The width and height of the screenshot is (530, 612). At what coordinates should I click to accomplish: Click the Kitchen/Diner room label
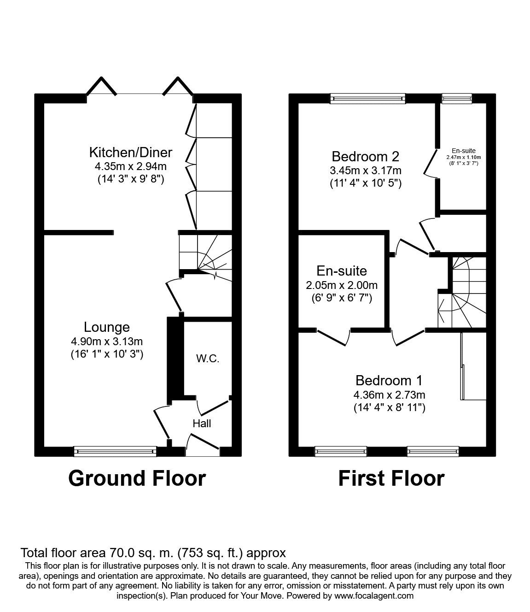(130, 152)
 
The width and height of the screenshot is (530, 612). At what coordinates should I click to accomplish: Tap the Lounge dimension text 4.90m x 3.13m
(107, 341)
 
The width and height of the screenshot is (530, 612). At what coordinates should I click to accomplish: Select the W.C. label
(207, 359)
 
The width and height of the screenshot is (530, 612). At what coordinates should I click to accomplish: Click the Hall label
(202, 423)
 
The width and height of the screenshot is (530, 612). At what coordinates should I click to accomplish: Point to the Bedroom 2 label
(365, 156)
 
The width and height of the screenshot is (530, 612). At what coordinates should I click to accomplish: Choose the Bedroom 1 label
(389, 381)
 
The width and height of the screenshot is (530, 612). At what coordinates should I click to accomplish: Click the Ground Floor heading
(137, 478)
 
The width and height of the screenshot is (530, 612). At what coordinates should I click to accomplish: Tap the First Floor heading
(391, 478)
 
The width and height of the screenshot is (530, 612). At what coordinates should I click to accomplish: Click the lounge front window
(115, 450)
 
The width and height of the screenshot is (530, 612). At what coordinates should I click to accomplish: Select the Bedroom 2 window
(368, 98)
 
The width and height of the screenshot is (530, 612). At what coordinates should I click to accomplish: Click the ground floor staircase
(205, 256)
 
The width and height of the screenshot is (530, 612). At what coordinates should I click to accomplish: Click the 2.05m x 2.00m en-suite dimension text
(342, 286)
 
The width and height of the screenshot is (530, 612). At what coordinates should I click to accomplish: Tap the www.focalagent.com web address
(374, 595)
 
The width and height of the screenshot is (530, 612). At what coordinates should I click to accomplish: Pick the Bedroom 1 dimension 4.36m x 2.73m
(389, 395)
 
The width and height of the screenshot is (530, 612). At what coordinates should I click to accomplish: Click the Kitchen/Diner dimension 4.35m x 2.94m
(130, 166)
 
